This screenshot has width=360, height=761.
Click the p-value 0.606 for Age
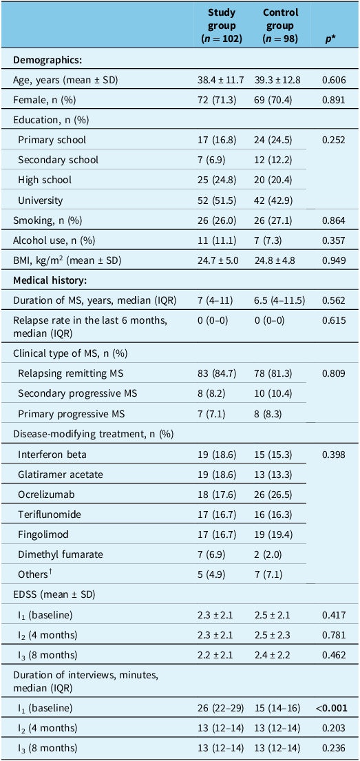(x=333, y=80)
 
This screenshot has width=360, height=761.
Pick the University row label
(x=39, y=200)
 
